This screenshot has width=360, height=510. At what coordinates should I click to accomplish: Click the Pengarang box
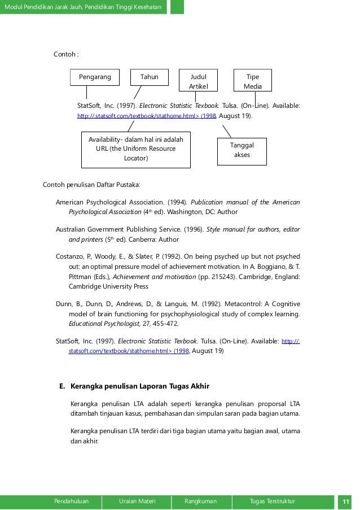point(95,77)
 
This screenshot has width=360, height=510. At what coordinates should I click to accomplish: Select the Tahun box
point(150,77)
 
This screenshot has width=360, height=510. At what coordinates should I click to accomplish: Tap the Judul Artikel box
point(198,81)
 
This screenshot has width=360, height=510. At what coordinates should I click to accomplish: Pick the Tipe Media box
point(253,81)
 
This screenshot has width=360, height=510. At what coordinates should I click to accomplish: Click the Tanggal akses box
point(242,150)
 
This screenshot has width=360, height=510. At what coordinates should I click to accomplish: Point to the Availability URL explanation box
point(136,149)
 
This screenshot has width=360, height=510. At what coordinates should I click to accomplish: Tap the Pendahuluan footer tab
point(71,501)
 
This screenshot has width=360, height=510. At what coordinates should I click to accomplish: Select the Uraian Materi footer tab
point(137,501)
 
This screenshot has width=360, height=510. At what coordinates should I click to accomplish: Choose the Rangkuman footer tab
point(200,501)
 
